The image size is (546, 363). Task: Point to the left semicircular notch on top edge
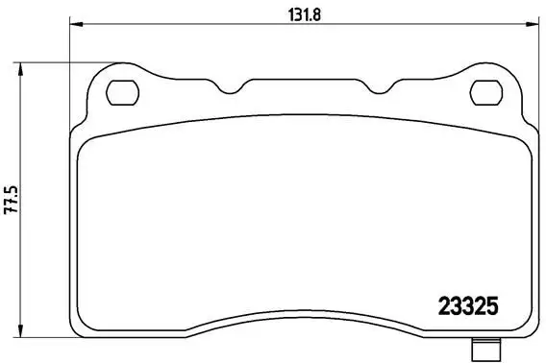click(x=231, y=89)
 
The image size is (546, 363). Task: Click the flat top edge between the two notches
click(x=303, y=80)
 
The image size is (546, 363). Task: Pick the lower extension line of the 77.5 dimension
click(x=48, y=343)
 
